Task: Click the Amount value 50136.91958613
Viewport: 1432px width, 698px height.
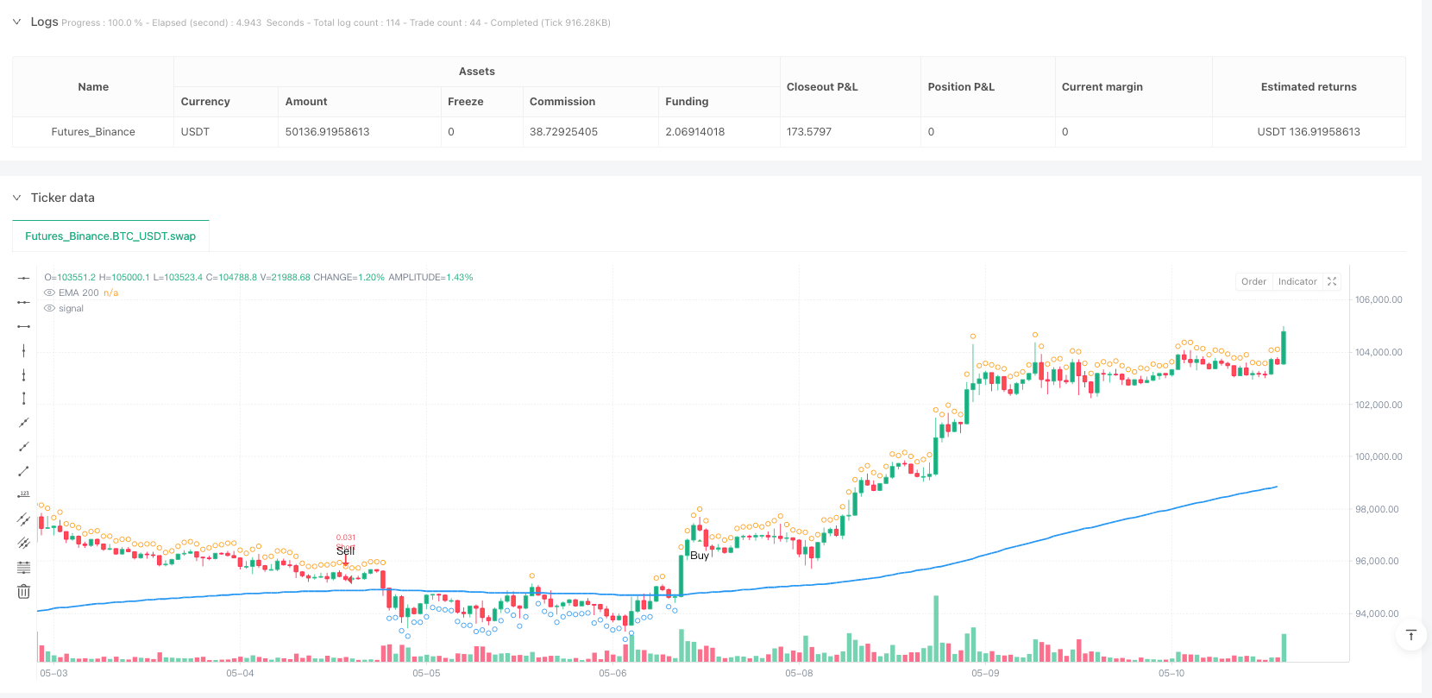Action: pyautogui.click(x=327, y=132)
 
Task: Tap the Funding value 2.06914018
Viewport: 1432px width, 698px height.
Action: pyautogui.click(x=694, y=132)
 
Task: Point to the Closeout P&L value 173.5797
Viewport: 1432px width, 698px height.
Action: pyautogui.click(x=808, y=132)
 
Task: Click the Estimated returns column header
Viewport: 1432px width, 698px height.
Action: pyautogui.click(x=1308, y=87)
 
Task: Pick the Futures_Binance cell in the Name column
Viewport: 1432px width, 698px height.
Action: pyautogui.click(x=93, y=132)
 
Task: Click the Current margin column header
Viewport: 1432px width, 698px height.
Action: pyautogui.click(x=1102, y=87)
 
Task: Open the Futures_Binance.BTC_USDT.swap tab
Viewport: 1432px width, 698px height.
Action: pyautogui.click(x=110, y=236)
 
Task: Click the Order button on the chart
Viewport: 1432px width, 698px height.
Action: pyautogui.click(x=1253, y=281)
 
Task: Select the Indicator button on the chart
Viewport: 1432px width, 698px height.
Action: pyautogui.click(x=1297, y=281)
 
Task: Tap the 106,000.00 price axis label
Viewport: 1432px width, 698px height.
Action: pyautogui.click(x=1378, y=300)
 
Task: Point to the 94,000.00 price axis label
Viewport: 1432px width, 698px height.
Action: pyautogui.click(x=1378, y=614)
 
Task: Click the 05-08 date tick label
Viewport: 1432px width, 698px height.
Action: pyautogui.click(x=799, y=673)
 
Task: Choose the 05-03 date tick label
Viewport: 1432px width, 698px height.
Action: pyautogui.click(x=53, y=673)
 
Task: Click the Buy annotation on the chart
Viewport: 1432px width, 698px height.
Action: pyautogui.click(x=699, y=556)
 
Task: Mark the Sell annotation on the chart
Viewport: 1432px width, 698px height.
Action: pyautogui.click(x=345, y=550)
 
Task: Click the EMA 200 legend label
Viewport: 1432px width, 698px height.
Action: pyautogui.click(x=79, y=293)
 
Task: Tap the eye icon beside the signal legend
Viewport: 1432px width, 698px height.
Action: pyautogui.click(x=49, y=309)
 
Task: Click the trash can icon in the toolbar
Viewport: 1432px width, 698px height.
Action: pyautogui.click(x=23, y=592)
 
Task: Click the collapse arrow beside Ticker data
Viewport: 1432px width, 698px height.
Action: pyautogui.click(x=16, y=198)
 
